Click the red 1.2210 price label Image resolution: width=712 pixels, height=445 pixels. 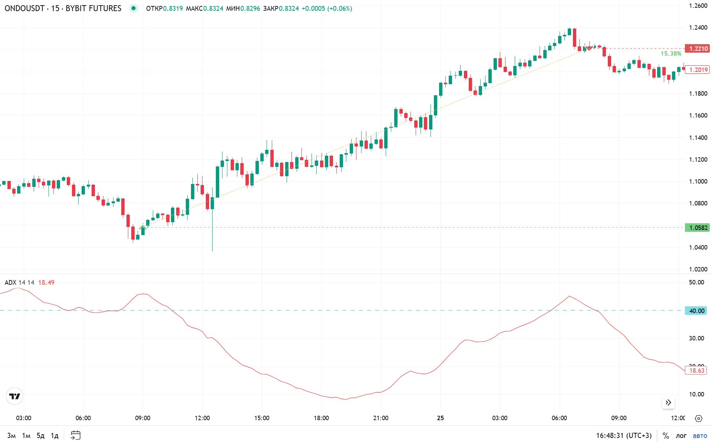pos(698,49)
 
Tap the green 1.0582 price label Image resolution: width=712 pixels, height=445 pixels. pos(698,228)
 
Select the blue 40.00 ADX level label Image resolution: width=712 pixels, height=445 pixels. pos(696,311)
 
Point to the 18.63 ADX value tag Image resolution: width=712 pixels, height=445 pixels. pos(696,370)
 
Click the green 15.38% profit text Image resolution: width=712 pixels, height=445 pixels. pos(670,54)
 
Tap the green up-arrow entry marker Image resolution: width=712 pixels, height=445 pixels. pos(142,227)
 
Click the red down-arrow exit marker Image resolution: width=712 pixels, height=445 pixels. pos(589,49)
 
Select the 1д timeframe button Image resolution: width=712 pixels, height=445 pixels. pos(55,435)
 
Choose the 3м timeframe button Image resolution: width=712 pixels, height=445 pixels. pos(11,435)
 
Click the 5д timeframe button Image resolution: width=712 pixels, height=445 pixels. pos(40,435)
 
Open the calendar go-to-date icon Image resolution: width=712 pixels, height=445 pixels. pos(75,435)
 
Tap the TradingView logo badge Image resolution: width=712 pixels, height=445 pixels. pos(15,396)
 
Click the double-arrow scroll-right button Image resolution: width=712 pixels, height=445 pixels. pos(668,403)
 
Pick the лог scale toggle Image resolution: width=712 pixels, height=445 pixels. pos(681,436)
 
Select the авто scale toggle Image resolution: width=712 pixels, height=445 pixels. pos(700,436)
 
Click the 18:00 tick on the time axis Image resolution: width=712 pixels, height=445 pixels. pos(321,418)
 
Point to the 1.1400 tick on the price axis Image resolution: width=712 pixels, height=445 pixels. pos(698,138)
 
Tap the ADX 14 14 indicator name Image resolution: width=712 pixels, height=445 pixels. pos(19,283)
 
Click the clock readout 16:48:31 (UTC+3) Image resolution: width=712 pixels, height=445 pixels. pos(624,436)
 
